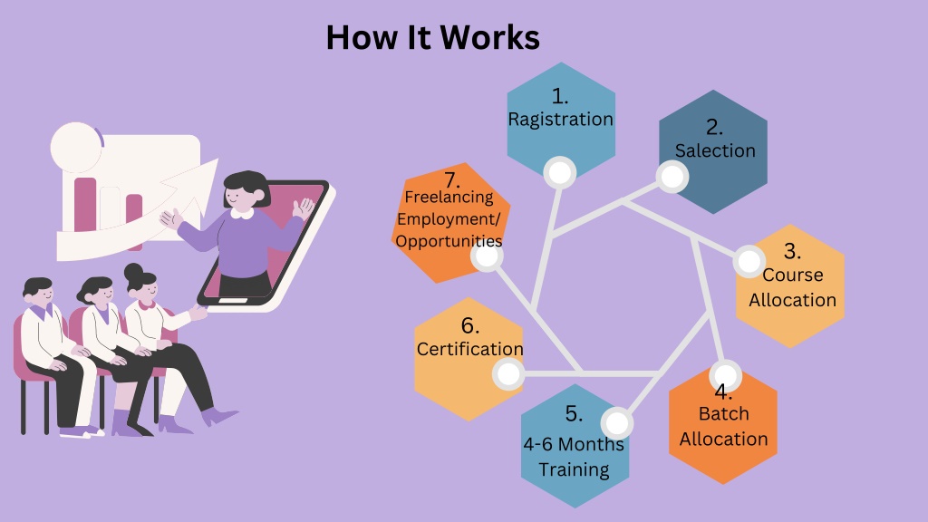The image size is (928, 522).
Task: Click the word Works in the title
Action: tap(489, 37)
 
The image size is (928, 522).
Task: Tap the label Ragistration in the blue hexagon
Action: tap(560, 120)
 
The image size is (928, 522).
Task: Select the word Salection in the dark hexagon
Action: tap(715, 151)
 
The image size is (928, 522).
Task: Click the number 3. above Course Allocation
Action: tap(792, 251)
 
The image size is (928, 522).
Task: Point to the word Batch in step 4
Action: tap(724, 413)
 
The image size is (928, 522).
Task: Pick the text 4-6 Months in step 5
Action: tap(574, 444)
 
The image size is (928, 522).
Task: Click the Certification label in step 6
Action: tap(470, 349)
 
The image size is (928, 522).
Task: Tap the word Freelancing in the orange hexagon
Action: tap(449, 197)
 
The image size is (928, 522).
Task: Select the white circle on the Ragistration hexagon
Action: tap(560, 173)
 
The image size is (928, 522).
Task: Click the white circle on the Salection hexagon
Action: tap(672, 177)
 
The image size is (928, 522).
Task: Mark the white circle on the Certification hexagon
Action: tap(508, 374)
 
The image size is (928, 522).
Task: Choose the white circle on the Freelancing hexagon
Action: tap(487, 256)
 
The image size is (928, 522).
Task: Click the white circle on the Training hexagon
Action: tap(616, 424)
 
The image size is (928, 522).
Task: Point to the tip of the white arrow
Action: tap(217, 159)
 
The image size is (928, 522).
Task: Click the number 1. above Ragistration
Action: tap(560, 96)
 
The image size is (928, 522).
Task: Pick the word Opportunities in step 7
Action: tap(449, 241)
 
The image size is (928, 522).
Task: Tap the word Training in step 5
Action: tap(574, 470)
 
